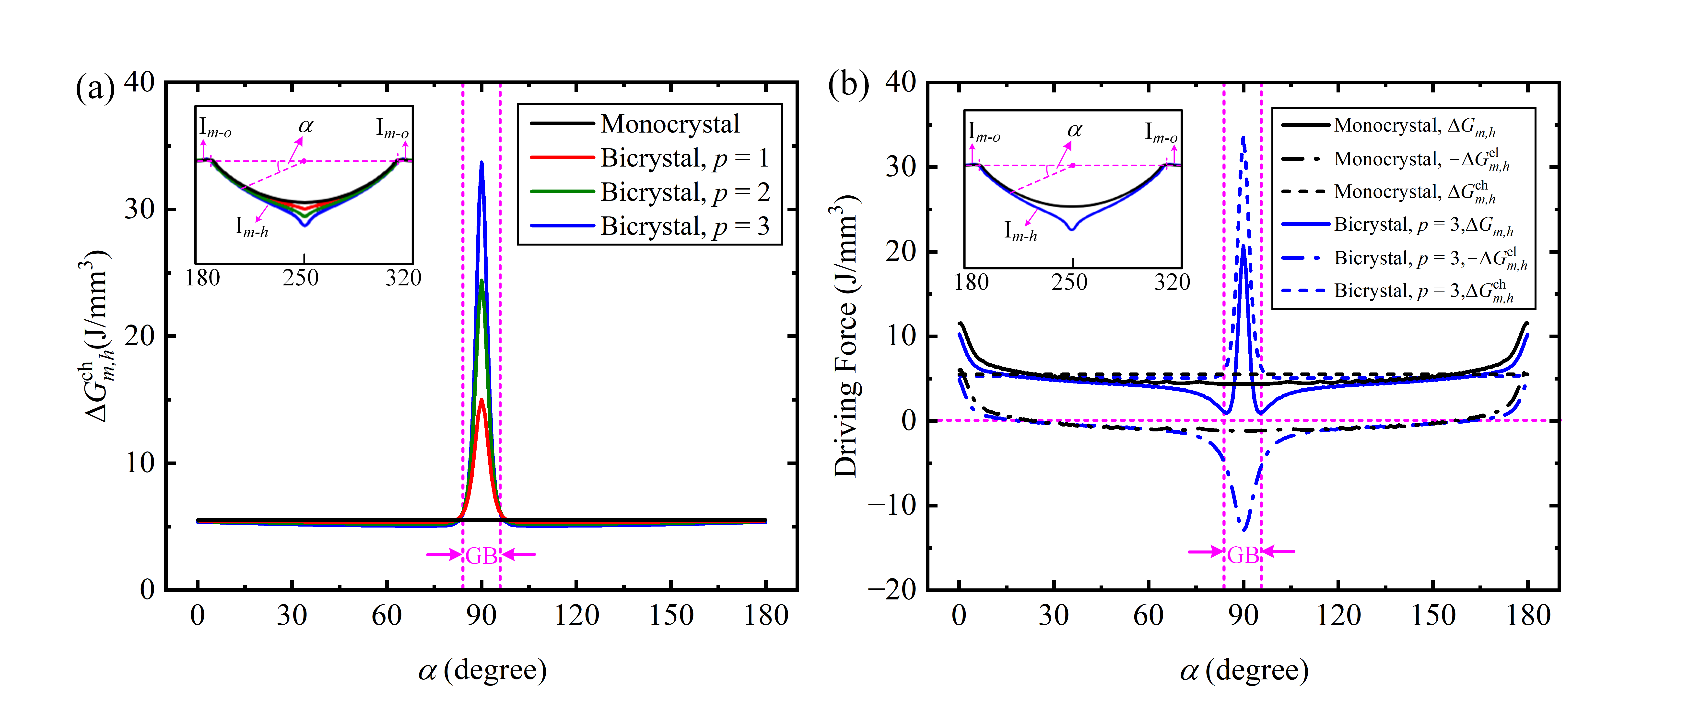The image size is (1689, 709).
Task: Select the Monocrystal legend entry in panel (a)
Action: click(669, 124)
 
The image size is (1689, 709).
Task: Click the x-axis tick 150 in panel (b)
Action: click(1433, 616)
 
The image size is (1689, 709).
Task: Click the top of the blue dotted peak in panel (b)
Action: click(1243, 138)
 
